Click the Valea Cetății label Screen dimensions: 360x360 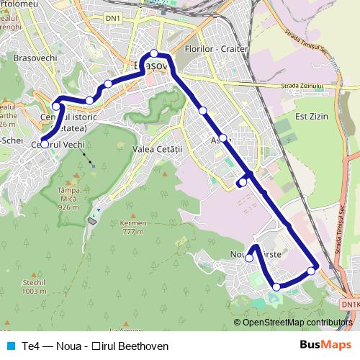tap(160, 148)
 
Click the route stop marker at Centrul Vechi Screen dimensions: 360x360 tap(45, 144)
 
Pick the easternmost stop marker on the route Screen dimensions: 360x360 tap(311, 271)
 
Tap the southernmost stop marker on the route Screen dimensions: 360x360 tap(276, 287)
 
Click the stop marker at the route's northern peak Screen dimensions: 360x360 tap(153, 53)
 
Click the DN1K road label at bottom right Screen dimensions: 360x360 tap(349, 305)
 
